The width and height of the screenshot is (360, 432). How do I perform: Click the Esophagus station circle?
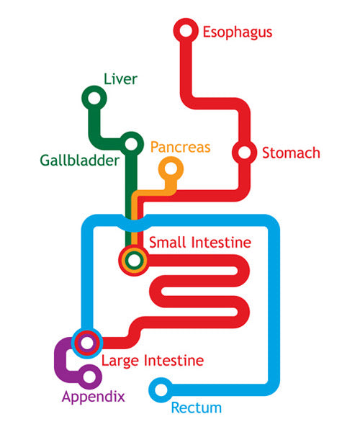pyautogui.click(x=186, y=31)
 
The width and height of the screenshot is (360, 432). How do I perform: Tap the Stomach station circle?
pyautogui.click(x=244, y=153)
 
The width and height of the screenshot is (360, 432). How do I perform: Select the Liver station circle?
pyautogui.click(x=93, y=98)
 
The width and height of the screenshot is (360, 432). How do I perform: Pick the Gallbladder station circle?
pyautogui.click(x=131, y=144)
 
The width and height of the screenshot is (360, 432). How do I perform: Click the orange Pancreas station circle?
pyautogui.click(x=171, y=170)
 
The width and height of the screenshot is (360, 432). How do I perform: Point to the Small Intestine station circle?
pyautogui.click(x=133, y=259)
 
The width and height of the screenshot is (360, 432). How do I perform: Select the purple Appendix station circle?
pyautogui.click(x=89, y=375)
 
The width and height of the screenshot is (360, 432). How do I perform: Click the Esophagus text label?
pyautogui.click(x=237, y=32)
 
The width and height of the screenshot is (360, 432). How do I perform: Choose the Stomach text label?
pyautogui.click(x=291, y=153)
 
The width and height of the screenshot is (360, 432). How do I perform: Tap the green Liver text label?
pyautogui.click(x=120, y=78)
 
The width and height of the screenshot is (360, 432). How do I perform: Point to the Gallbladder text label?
pyautogui.click(x=80, y=160)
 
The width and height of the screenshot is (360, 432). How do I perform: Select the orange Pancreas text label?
pyautogui.click(x=180, y=147)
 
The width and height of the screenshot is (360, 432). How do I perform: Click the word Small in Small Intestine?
pyautogui.click(x=167, y=242)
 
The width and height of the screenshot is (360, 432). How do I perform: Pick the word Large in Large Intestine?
pyautogui.click(x=120, y=360)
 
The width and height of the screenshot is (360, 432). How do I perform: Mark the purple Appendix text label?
pyautogui.click(x=93, y=396)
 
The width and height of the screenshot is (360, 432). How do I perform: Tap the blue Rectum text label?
pyautogui.click(x=196, y=408)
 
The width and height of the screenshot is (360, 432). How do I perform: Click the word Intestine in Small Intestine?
pyautogui.click(x=220, y=242)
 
